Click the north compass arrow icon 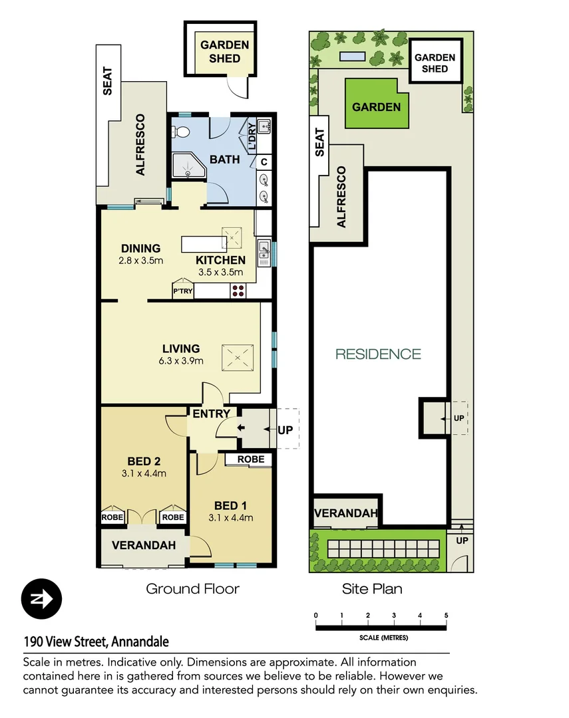(x=41, y=599)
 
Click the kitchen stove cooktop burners (x=238, y=291)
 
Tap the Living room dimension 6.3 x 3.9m (x=181, y=362)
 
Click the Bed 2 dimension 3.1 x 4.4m (x=144, y=474)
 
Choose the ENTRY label (x=211, y=414)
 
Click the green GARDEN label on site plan (x=376, y=107)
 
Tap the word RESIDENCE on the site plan (x=378, y=354)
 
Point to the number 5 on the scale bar (x=446, y=615)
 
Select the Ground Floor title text (x=192, y=588)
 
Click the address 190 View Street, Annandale (x=96, y=642)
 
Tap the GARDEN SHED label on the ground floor (x=224, y=52)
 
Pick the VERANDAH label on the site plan (x=345, y=513)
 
